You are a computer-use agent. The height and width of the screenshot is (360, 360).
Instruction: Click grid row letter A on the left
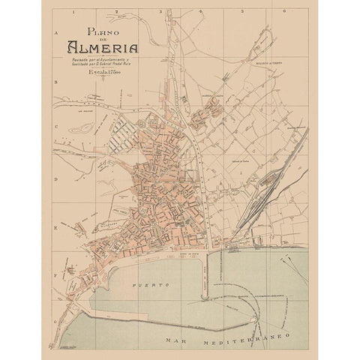[x=58, y=33]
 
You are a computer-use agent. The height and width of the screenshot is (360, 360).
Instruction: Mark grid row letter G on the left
[x=58, y=319]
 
